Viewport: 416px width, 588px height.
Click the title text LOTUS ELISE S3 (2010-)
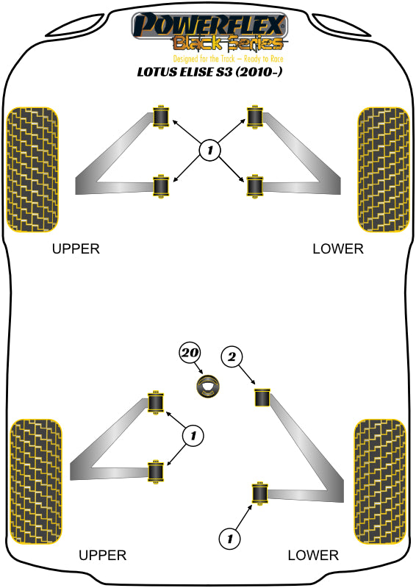tap(209, 71)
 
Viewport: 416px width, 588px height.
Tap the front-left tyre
tap(33, 170)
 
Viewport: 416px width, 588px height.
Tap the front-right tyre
tap(384, 170)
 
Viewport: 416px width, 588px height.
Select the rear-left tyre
tap(35, 481)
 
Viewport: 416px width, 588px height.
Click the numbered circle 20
tap(190, 353)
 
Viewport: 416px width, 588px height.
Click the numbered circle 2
tap(232, 356)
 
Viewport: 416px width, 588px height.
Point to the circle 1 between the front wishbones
tap(209, 151)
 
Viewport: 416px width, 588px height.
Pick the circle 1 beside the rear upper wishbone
tap(193, 436)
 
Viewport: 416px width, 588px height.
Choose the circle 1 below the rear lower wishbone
tap(229, 539)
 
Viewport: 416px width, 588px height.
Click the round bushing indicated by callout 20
tap(208, 387)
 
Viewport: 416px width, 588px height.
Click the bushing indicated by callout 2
tap(262, 398)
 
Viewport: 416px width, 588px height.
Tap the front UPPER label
tap(76, 248)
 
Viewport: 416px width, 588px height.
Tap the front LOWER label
tap(338, 248)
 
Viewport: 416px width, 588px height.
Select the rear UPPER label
tap(102, 555)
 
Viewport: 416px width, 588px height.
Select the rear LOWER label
tap(313, 555)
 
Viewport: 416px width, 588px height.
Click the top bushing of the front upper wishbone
tap(161, 116)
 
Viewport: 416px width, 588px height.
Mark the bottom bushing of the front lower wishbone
tap(255, 186)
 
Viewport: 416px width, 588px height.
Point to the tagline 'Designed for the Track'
tap(204, 59)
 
